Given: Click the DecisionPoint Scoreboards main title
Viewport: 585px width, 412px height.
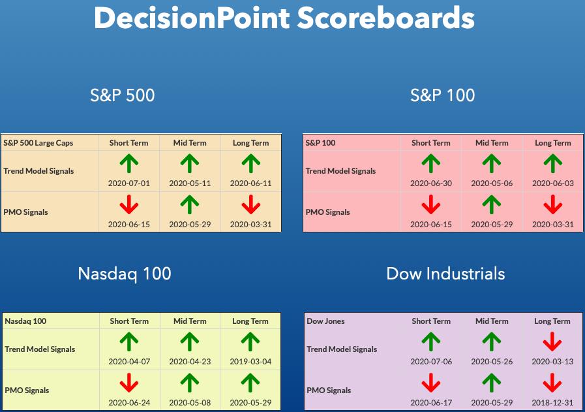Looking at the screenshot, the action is [x=284, y=18].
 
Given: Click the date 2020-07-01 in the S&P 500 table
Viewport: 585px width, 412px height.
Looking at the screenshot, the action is [x=128, y=183].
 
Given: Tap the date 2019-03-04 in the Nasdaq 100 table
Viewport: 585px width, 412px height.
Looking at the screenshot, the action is [x=250, y=362].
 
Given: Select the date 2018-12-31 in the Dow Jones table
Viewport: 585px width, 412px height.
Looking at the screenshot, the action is [x=552, y=403].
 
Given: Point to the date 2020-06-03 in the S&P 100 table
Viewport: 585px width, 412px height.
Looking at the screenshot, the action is [x=553, y=183].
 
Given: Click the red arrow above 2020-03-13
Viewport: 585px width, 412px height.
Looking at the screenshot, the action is [x=552, y=341].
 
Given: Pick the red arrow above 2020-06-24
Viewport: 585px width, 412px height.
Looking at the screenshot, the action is [x=129, y=383].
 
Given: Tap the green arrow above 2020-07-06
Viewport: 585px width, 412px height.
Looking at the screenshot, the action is [x=431, y=341].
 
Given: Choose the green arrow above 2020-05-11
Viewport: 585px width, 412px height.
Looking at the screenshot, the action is [x=190, y=164].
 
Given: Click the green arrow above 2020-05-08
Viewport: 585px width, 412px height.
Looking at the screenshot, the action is [x=190, y=383].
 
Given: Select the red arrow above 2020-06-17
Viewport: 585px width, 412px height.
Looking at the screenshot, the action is [x=431, y=383].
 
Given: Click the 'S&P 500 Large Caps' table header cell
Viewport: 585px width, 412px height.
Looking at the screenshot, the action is [x=38, y=143].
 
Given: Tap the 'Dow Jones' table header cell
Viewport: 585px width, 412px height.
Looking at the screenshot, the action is [x=325, y=321].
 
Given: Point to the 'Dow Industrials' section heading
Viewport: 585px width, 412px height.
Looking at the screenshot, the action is [x=445, y=274].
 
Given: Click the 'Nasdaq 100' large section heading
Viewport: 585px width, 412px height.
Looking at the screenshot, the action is [x=125, y=274].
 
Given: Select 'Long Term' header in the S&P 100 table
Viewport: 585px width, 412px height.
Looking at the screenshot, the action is [x=553, y=143].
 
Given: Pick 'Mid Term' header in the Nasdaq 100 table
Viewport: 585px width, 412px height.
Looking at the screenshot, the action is [x=190, y=321].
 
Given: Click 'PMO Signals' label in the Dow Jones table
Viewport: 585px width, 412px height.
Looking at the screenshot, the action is [x=329, y=390].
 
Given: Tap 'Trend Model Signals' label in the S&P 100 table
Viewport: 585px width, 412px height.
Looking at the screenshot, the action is [x=340, y=171].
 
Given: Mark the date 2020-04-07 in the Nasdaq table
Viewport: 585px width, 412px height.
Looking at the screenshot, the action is [x=129, y=362].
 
